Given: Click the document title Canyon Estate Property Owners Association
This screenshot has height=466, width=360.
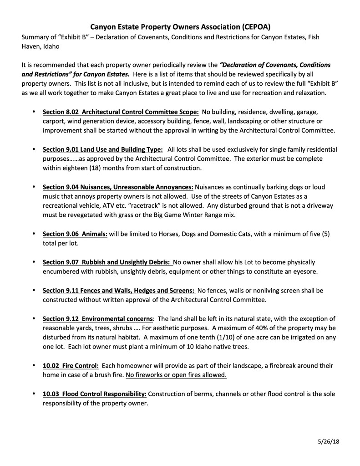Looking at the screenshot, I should pyautogui.click(x=180, y=26).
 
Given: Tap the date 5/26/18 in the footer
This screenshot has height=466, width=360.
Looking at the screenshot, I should pyautogui.click(x=328, y=442).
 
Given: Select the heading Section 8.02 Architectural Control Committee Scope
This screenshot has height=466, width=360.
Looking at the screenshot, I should pyautogui.click(x=121, y=112).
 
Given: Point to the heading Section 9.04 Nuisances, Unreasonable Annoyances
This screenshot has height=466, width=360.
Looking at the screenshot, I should pyautogui.click(x=118, y=187).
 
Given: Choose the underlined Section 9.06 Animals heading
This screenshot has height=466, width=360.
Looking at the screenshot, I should pyautogui.click(x=75, y=234).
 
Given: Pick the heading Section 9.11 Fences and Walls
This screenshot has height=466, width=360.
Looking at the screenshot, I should pyautogui.click(x=119, y=290).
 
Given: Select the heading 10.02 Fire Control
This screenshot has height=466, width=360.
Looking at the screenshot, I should pyautogui.click(x=71, y=365).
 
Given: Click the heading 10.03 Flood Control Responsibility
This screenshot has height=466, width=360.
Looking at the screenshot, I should pyautogui.click(x=95, y=394).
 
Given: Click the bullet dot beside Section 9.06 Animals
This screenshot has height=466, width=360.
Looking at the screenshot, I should pyautogui.click(x=34, y=234).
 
